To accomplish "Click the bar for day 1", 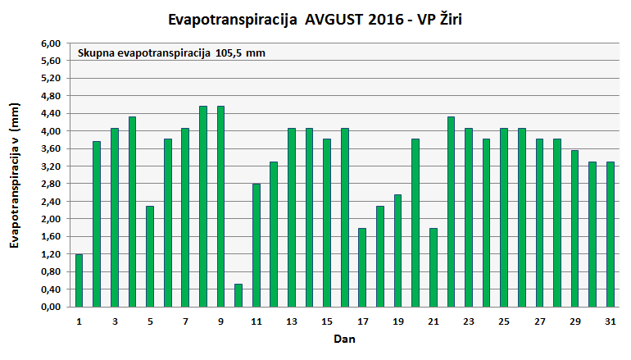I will pyautogui.click(x=79, y=280).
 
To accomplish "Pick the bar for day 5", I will pyautogui.click(x=150, y=256).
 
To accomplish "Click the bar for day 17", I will pyautogui.click(x=362, y=267).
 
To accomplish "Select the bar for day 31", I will pyautogui.click(x=611, y=235).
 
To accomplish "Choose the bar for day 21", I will pyautogui.click(x=433, y=267).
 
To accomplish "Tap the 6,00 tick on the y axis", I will pyautogui.click(x=51, y=43).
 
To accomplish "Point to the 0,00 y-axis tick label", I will pyautogui.click(x=51, y=307).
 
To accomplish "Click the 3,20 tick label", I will pyautogui.click(x=51, y=166).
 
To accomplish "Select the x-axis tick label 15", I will pyautogui.click(x=327, y=321).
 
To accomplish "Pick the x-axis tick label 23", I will pyautogui.click(x=469, y=321).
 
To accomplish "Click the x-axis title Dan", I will pyautogui.click(x=344, y=339).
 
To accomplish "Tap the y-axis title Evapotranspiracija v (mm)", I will pyautogui.click(x=14, y=175).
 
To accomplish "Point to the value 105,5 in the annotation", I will pyautogui.click(x=230, y=53).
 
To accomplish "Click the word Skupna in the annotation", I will pyautogui.click(x=95, y=53).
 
